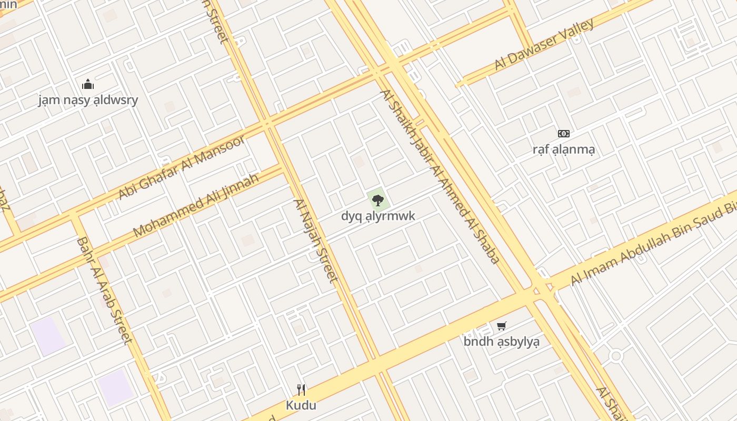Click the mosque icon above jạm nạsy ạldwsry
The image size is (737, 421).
click(x=87, y=84)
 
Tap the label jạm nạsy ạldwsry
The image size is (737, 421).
click(x=88, y=100)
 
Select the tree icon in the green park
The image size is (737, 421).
click(x=377, y=200)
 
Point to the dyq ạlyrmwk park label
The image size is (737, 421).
click(x=378, y=216)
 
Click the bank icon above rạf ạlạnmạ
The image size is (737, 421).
click(x=564, y=134)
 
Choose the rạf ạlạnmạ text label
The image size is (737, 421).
click(x=564, y=149)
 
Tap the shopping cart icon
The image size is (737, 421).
click(x=502, y=326)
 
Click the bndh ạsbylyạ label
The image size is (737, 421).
click(x=501, y=342)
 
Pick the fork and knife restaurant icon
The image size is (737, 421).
click(x=301, y=389)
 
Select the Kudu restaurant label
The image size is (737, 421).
click(x=301, y=405)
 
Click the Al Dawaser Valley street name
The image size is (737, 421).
click(x=544, y=44)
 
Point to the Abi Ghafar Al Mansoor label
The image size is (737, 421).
click(x=181, y=167)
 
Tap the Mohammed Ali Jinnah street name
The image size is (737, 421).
click(x=196, y=205)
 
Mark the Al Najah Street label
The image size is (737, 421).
click(x=315, y=240)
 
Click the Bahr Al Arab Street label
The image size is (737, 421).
click(x=104, y=290)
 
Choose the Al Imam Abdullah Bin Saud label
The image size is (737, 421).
click(x=653, y=245)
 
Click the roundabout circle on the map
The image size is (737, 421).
click(x=616, y=356)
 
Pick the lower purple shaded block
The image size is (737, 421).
click(x=115, y=388)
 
